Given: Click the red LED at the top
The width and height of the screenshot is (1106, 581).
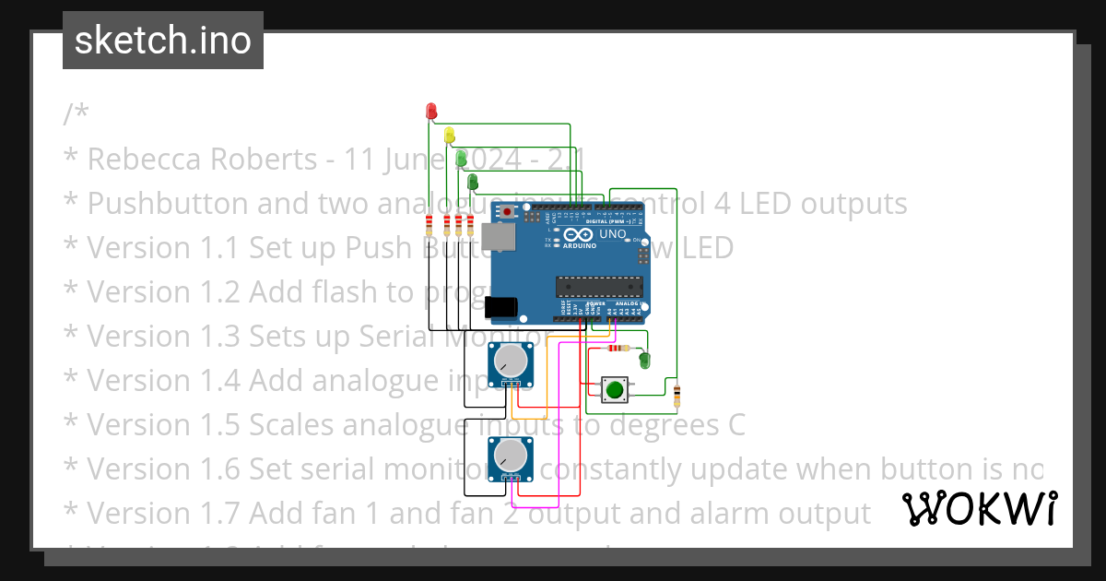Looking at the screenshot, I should pos(430,112).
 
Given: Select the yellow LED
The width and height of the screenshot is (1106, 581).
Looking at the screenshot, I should pos(450,136).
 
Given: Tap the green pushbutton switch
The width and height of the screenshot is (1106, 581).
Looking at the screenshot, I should pos(614,390).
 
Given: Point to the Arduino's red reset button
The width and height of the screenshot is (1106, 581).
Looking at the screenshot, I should pos(508,212).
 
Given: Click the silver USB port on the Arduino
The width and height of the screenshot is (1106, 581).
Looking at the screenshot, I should pos(499,241).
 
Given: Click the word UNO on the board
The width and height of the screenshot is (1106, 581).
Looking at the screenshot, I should pos(613,234).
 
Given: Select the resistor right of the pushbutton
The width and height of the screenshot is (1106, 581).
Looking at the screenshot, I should pos(678,396).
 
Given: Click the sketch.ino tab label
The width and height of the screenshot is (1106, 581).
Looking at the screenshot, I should pos(163,41).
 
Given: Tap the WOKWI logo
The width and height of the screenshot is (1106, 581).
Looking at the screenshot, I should pos(979,509).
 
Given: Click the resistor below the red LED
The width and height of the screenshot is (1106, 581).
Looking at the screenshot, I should pos(430,225).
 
